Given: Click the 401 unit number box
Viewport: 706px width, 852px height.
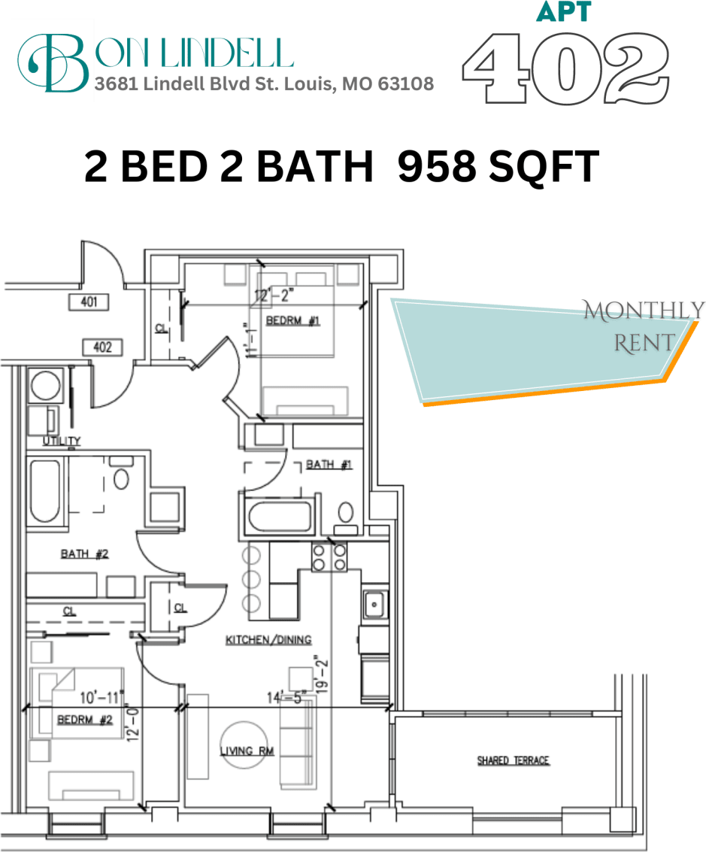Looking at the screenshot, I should [89, 302].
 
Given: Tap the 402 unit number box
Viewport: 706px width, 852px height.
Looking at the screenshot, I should [102, 347].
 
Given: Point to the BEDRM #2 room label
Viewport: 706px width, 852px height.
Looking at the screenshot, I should [85, 720].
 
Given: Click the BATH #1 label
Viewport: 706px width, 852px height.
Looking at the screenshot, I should [329, 465].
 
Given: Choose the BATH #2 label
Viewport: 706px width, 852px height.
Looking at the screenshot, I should [85, 554].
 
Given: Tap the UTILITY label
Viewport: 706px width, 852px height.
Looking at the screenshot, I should [62, 441].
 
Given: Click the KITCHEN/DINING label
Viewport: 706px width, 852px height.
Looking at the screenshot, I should [268, 640].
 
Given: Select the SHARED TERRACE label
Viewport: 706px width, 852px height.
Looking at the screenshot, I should [514, 761].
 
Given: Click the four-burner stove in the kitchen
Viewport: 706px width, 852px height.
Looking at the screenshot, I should [330, 556].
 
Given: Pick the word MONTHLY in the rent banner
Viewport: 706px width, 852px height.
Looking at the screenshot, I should [644, 310].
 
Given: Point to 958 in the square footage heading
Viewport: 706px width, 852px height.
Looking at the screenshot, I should [436, 167].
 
